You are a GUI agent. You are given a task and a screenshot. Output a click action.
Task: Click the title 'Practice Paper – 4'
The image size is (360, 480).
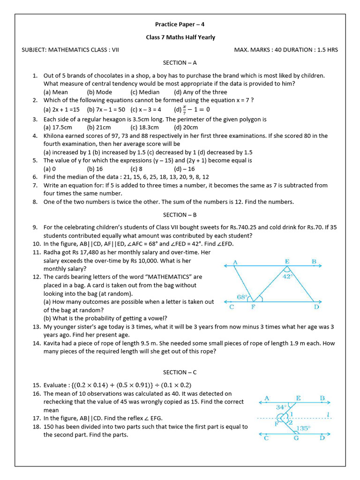[180, 24]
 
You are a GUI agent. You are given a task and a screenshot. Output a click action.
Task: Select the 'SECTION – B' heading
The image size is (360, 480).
[180, 215]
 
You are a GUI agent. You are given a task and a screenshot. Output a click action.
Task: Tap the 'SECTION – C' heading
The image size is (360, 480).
[180, 372]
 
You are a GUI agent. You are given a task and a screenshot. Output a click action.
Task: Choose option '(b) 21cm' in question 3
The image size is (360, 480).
[99, 127]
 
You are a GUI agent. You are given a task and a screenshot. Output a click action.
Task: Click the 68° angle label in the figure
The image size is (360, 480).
[242, 297]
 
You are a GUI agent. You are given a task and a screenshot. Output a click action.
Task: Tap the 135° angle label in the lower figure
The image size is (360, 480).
[303, 428]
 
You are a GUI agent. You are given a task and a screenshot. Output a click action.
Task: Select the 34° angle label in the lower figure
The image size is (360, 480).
[281, 407]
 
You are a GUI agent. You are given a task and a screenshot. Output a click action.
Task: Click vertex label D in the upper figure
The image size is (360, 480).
[316, 307]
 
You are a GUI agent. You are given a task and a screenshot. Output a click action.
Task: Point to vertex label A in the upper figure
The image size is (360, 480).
[235, 262]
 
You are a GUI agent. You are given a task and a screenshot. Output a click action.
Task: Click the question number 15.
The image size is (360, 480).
[37, 385]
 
